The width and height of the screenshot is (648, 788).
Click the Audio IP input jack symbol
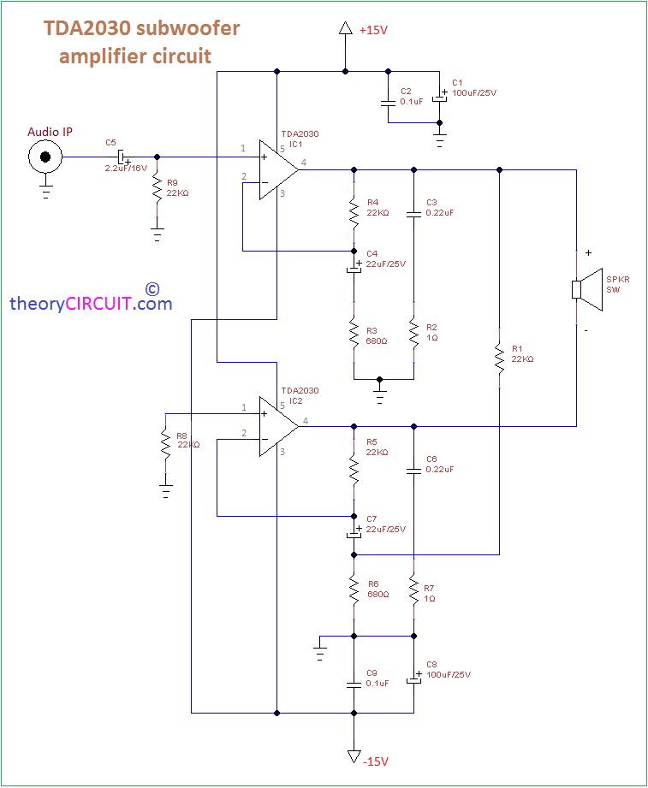click(x=45, y=157)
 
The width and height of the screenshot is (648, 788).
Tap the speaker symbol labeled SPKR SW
click(x=588, y=289)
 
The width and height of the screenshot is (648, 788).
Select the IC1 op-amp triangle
click(x=278, y=170)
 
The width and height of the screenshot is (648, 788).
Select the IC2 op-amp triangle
click(x=278, y=426)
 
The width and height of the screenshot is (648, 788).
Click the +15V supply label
click(x=373, y=30)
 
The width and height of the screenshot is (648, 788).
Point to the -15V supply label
click(x=376, y=761)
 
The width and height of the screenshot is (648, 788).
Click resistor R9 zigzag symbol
click(x=157, y=189)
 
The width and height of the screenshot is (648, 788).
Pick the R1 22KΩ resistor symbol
click(x=499, y=358)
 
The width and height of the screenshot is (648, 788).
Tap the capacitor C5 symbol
click(x=122, y=157)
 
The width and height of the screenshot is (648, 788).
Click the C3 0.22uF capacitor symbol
click(x=413, y=213)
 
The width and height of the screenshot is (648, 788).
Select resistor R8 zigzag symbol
click(x=165, y=442)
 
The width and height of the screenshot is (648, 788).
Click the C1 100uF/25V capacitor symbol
click(x=440, y=98)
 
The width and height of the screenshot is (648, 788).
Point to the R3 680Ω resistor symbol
click(x=354, y=332)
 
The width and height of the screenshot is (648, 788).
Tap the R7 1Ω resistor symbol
click(x=413, y=590)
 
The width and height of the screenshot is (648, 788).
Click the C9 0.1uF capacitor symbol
click(x=354, y=684)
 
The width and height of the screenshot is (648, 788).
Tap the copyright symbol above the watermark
click(x=152, y=289)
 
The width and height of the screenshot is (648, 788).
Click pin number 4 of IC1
click(x=304, y=163)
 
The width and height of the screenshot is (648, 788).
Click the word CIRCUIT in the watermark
click(x=98, y=304)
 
